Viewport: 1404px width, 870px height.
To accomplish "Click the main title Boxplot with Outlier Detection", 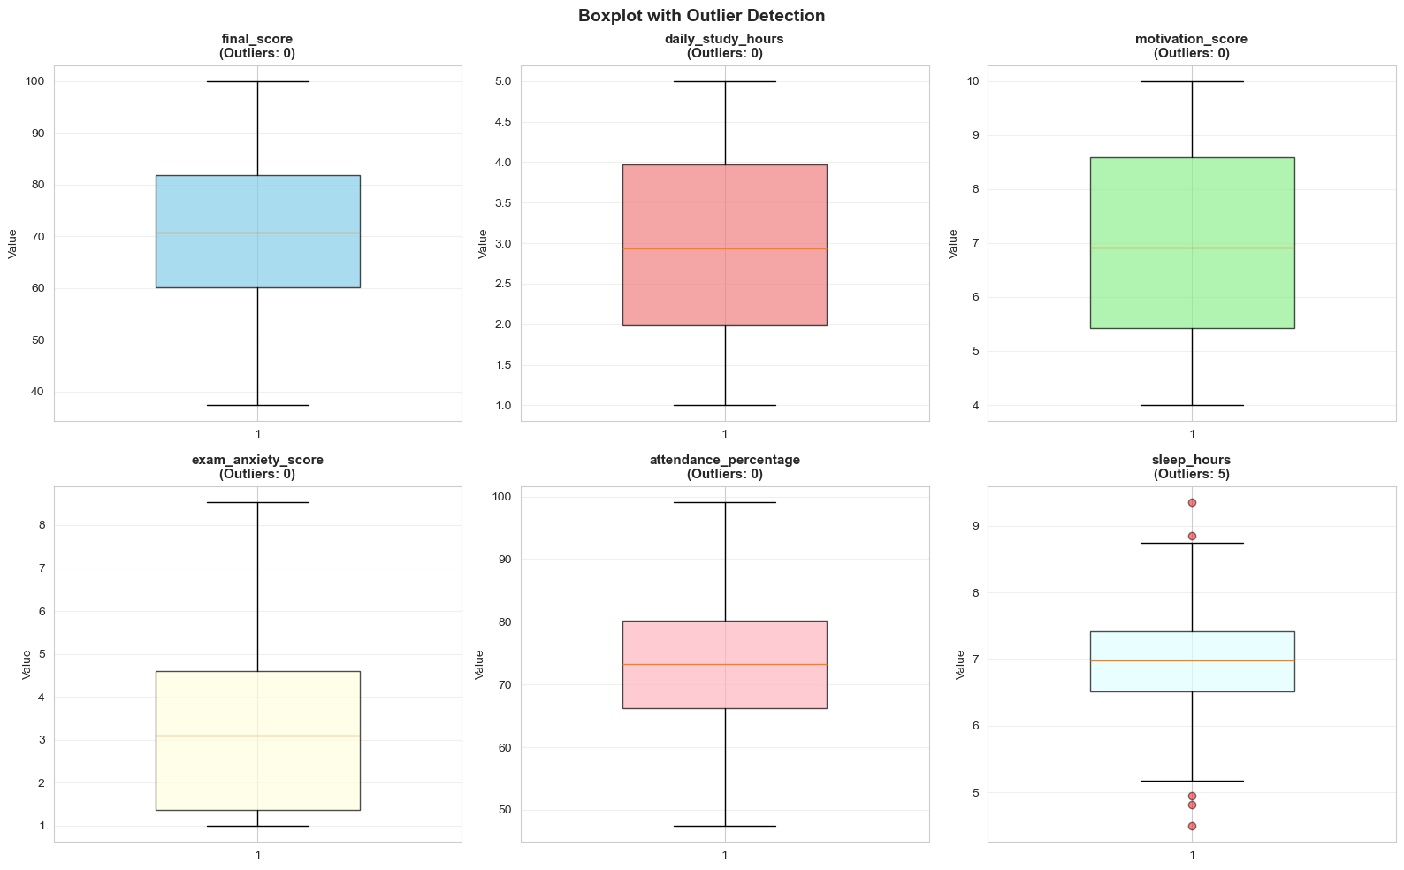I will (701, 16).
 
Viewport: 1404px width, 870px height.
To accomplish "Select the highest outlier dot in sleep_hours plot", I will (1192, 502).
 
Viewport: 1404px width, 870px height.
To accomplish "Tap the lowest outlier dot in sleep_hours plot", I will (1192, 826).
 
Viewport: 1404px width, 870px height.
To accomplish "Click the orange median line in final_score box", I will (257, 233).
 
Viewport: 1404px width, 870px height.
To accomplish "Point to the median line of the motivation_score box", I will (1192, 248).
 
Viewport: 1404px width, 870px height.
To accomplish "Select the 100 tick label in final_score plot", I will (35, 81).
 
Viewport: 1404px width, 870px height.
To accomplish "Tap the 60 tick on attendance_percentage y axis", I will (505, 747).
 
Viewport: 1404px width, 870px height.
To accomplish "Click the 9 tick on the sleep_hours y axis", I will (975, 526).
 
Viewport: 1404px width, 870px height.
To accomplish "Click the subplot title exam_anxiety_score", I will (257, 460).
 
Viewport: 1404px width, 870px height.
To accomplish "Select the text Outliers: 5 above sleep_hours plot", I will (1192, 474).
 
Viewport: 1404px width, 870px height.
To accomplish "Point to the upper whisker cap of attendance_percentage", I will (724, 502).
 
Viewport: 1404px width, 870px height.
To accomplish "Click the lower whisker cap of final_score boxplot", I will (257, 405).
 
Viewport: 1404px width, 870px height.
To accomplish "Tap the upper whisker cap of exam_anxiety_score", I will (257, 502).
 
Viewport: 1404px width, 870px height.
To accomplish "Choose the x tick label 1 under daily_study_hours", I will (724, 434).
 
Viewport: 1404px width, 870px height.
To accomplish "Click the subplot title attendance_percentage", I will (724, 460).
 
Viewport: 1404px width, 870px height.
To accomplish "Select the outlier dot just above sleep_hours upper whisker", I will (1192, 536).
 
